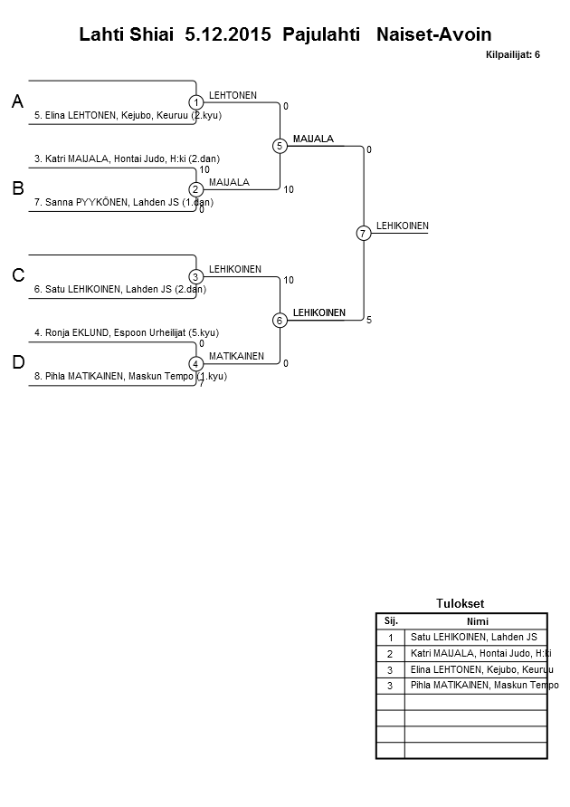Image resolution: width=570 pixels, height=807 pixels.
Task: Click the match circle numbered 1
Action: [x=195, y=102]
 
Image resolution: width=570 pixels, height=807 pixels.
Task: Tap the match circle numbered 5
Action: [x=280, y=146]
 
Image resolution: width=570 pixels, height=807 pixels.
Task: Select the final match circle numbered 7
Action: [x=363, y=234]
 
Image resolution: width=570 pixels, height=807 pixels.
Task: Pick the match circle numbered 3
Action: [x=195, y=276]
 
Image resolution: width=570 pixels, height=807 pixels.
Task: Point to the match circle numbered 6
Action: [x=280, y=320]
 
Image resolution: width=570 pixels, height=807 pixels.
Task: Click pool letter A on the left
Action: [x=18, y=103]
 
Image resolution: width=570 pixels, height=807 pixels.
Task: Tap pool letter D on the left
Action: [x=18, y=363]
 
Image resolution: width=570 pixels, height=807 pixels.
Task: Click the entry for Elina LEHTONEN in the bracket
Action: [x=128, y=115]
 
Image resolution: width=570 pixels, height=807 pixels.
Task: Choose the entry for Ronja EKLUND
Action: [x=126, y=332]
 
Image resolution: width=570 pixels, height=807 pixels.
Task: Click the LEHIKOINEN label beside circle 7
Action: [x=403, y=226]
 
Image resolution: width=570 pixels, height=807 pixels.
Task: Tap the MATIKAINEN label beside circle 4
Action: [x=236, y=356]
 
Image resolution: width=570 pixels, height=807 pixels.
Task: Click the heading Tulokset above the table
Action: [x=461, y=603]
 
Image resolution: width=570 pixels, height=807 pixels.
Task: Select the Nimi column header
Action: [x=477, y=621]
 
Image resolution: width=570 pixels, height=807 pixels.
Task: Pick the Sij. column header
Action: [x=391, y=621]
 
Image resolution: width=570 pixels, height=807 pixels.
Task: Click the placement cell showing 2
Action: [x=390, y=653]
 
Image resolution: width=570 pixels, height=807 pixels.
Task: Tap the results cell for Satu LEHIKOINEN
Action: [x=474, y=637]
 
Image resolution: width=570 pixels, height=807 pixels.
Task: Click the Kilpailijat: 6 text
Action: [x=513, y=55]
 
